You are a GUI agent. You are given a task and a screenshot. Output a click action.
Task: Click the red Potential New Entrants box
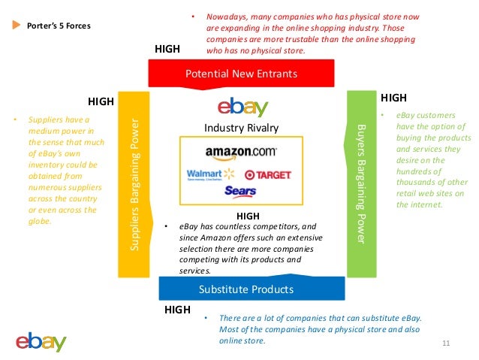point(241,74)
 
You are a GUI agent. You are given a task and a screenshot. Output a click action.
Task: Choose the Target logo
point(268,174)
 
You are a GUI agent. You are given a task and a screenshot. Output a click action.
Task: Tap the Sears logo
point(240,191)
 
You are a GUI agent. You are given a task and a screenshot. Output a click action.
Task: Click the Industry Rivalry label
point(241,128)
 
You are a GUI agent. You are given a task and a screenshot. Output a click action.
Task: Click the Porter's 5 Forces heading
point(59,26)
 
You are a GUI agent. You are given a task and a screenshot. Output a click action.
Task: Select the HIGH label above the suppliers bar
point(101,101)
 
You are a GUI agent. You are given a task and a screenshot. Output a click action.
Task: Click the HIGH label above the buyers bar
point(393,98)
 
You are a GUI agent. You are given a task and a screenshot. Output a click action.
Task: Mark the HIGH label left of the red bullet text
point(167,48)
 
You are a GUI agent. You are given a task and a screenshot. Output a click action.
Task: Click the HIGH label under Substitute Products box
point(177,309)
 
